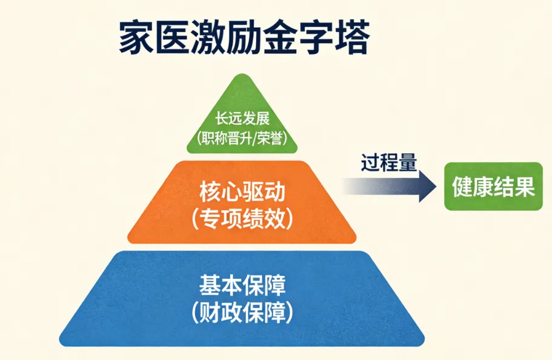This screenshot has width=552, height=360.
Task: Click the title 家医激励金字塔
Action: tap(243, 38)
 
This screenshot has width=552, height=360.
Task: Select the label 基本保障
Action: tap(242, 284)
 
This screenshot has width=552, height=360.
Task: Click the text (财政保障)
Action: tap(242, 312)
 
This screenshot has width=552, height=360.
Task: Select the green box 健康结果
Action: tap(493, 187)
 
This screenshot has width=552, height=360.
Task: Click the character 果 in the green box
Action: tap(525, 187)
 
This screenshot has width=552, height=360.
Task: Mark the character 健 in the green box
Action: tap(462, 187)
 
